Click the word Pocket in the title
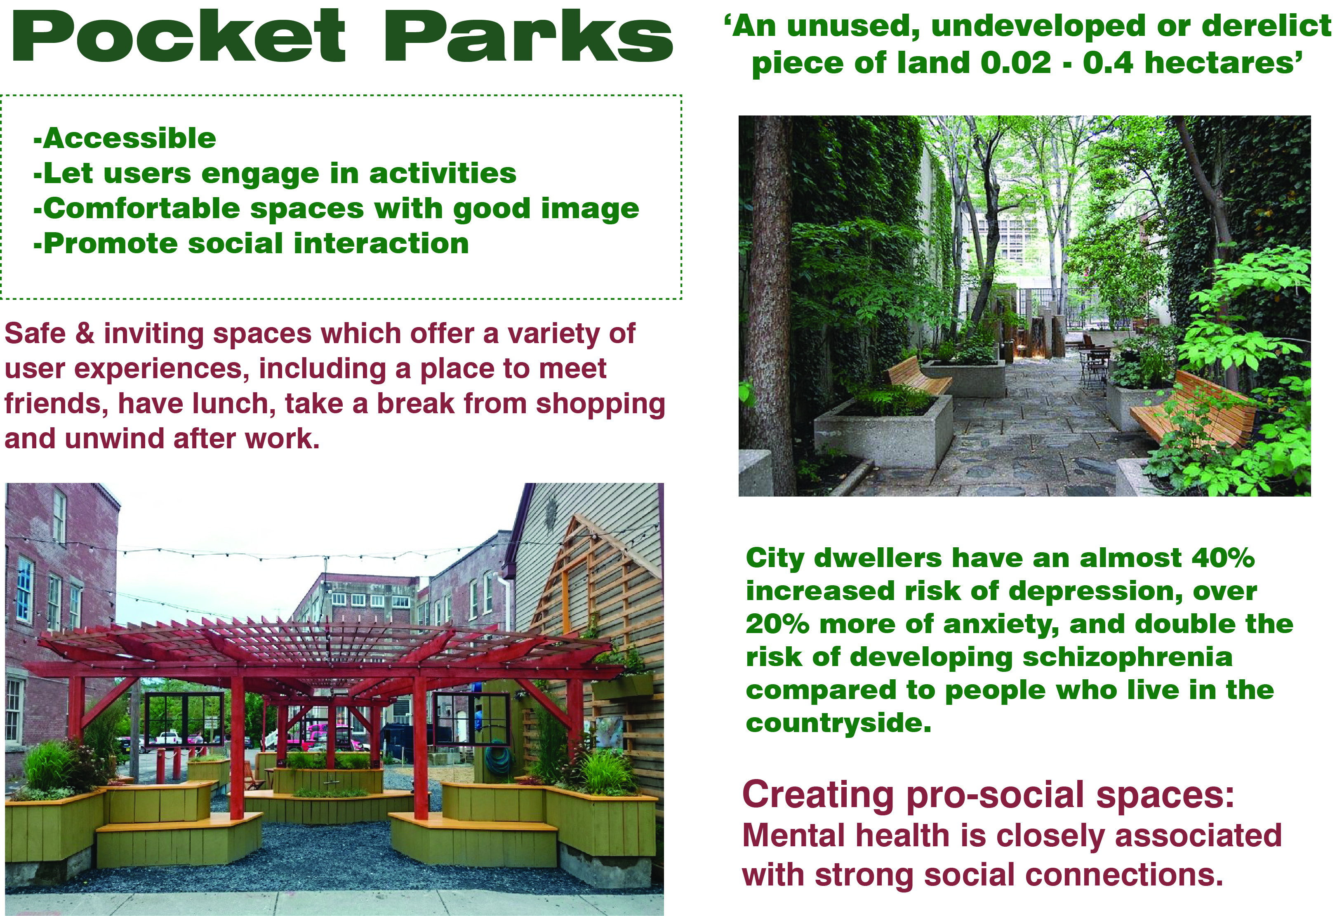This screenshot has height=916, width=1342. pos(179,36)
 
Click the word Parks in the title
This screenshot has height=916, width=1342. pos(528,36)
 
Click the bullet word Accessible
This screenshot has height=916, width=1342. pos(129,139)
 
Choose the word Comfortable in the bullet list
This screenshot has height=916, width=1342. pos(141,209)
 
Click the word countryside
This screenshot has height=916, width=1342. pos(838,723)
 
